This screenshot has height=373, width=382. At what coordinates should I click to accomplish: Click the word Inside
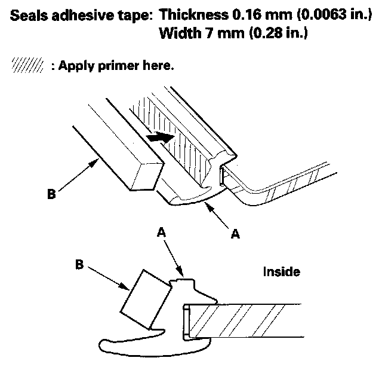tap(281, 272)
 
